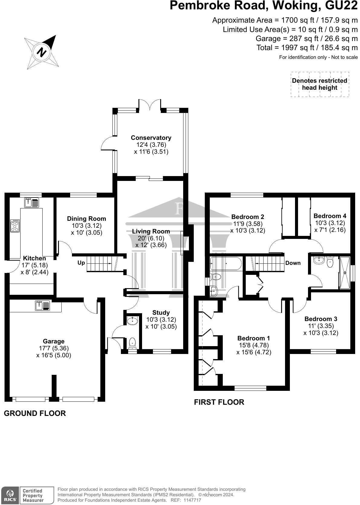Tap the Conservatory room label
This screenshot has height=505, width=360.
tap(151, 138)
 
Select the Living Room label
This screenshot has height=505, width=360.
tap(151, 231)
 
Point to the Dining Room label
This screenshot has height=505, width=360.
tap(86, 219)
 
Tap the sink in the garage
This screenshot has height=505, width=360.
tap(42, 306)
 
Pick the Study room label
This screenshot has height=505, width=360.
tap(161, 313)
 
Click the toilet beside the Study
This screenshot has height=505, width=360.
tap(132, 343)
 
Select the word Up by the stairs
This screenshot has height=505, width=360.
tap(81, 263)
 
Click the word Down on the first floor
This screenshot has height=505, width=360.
tap(293, 263)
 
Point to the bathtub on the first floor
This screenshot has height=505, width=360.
tap(226, 264)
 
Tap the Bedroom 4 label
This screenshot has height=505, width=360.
tap(330, 216)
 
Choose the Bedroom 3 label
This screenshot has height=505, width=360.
tap(321, 319)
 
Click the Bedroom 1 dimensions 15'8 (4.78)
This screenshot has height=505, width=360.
tap(253, 345)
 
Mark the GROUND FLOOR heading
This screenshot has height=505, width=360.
tap(35, 413)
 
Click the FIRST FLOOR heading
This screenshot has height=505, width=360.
tap(219, 402)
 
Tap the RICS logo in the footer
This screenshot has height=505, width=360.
tap(10, 495)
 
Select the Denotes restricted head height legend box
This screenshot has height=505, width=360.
tap(320, 84)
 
